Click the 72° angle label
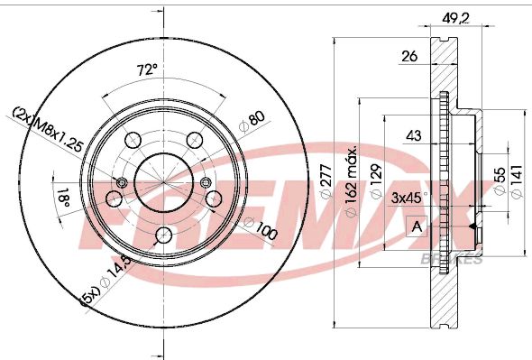pos(147,69)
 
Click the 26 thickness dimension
pos(409,56)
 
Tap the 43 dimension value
pos(414,135)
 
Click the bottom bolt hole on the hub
pos(162,235)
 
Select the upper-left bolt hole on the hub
pos(133,140)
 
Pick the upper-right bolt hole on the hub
pos(194,140)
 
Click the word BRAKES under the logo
pos(452,259)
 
